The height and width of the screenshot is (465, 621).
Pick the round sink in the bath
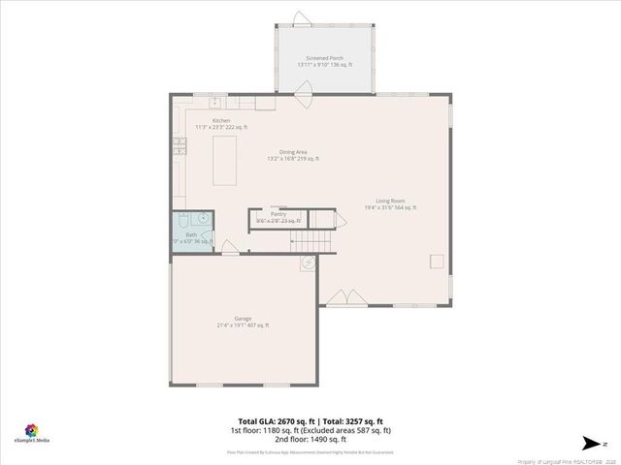coord(204,219)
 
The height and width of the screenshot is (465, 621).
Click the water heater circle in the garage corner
coord(308,262)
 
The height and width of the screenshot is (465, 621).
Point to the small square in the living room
coord(438,262)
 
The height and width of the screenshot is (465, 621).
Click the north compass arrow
coord(590,443)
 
